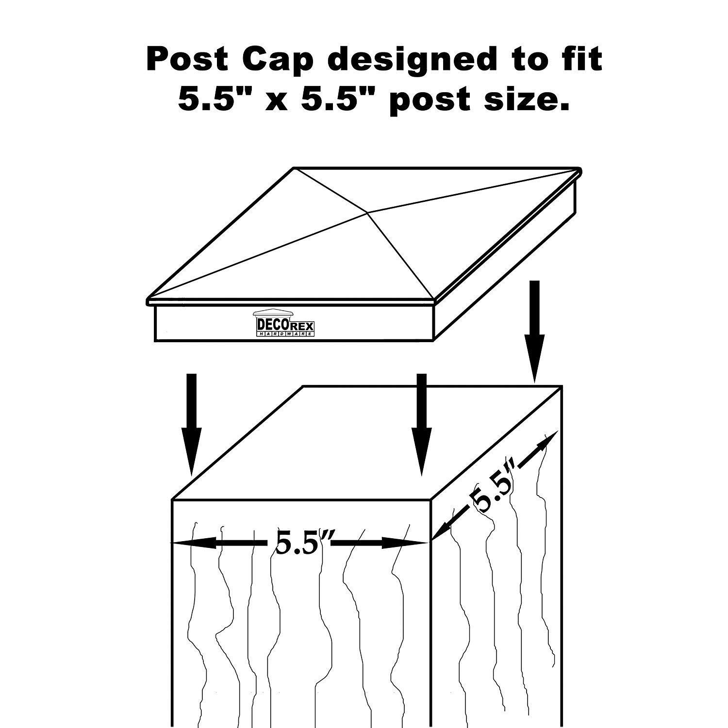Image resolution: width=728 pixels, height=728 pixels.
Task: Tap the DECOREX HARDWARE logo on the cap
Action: pos(285,323)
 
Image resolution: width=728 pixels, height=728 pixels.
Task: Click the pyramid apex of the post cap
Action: pos(367,212)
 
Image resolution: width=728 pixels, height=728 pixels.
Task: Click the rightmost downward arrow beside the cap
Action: pos(534,331)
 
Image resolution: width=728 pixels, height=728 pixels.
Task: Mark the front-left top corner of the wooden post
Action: pos(173,499)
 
